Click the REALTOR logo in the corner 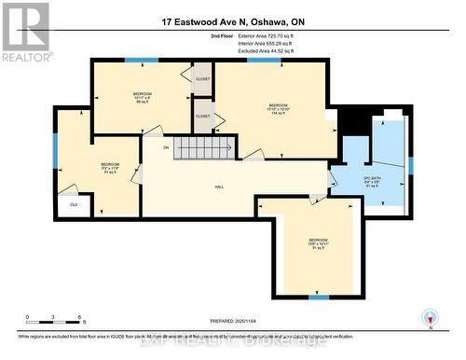click(x=25, y=30)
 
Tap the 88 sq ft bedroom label click(x=142, y=97)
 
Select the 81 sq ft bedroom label click(x=110, y=168)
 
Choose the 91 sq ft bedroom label click(x=318, y=243)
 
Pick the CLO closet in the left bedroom click(x=73, y=204)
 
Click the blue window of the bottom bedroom click(x=319, y=298)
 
